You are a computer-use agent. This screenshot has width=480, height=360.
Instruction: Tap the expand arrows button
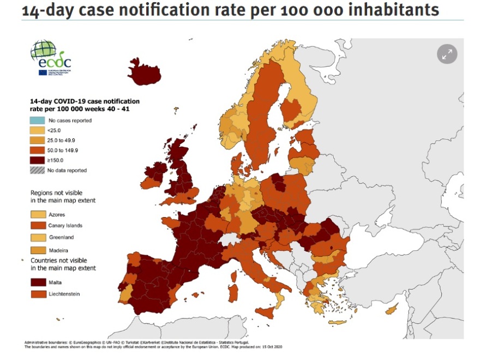click(447, 54)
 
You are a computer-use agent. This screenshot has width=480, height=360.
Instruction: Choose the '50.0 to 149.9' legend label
click(64, 150)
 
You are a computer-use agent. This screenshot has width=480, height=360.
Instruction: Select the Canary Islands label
click(65, 226)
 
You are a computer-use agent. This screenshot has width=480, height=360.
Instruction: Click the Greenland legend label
click(61, 237)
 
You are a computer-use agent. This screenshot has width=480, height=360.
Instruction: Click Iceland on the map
click(143, 73)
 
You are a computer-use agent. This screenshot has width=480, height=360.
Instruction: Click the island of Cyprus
click(391, 310)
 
